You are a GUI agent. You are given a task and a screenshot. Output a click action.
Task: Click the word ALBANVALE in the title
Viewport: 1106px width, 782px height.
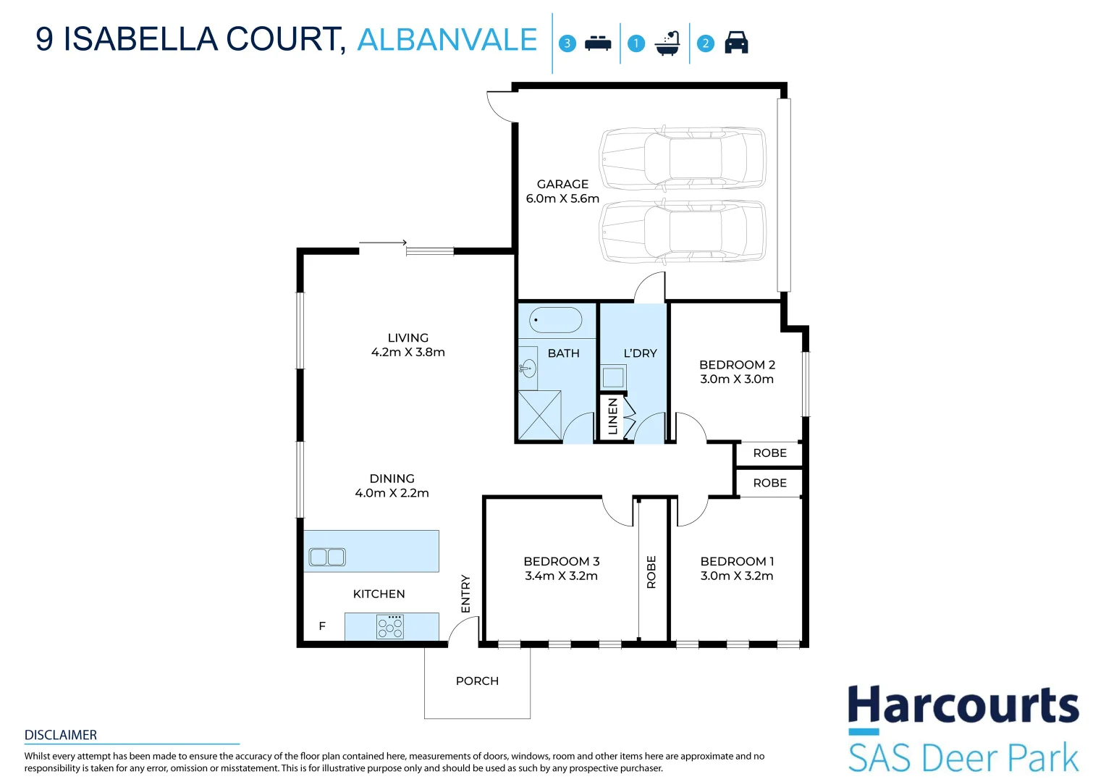tap(447, 40)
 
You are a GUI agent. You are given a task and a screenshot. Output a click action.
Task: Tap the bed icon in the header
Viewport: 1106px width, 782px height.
tap(598, 43)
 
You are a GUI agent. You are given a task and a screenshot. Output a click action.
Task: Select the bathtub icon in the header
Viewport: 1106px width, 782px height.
tap(667, 43)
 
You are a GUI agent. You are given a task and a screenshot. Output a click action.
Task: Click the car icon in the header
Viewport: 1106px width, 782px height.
tap(736, 43)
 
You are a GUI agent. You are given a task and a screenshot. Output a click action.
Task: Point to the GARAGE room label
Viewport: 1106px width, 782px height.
tap(562, 184)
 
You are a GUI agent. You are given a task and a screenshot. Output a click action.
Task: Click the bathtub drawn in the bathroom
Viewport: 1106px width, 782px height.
tap(555, 320)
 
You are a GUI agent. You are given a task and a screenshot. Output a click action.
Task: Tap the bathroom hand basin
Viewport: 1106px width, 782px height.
tap(528, 368)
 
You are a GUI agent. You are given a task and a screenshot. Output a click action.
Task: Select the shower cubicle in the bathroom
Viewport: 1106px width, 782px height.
tap(540, 415)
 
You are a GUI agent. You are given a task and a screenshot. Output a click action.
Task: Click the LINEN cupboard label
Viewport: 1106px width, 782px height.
tap(613, 416)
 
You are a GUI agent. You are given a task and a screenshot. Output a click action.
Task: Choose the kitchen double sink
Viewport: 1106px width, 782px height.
tap(327, 557)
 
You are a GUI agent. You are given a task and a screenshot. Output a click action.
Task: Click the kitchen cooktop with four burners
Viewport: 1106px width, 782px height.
tap(390, 626)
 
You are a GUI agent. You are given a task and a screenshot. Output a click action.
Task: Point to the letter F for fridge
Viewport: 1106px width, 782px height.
tap(322, 626)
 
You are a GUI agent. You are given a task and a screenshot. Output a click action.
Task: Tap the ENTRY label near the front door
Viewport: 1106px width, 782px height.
tap(465, 594)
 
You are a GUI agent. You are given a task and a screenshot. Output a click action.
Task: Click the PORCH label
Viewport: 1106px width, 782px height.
tap(477, 681)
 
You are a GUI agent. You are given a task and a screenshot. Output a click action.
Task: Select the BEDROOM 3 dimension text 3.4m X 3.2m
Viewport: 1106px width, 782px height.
tap(562, 576)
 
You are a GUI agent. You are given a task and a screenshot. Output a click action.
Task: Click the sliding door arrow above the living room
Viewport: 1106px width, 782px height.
tap(383, 243)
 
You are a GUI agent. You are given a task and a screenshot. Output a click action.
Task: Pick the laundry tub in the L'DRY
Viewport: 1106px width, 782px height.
tap(613, 377)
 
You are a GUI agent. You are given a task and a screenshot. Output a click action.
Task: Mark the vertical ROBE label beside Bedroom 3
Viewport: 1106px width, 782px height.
tap(651, 572)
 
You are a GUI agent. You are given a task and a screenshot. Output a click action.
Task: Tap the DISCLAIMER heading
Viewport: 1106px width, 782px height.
tap(61, 735)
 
